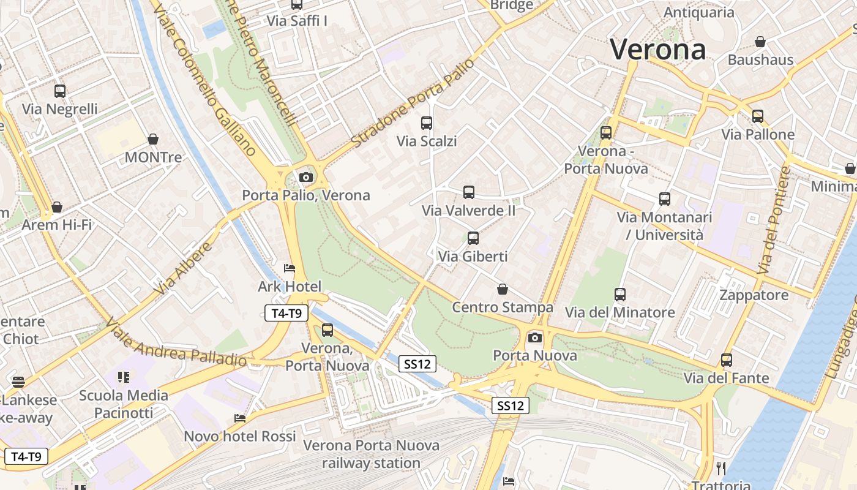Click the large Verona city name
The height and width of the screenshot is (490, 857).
tap(658, 49)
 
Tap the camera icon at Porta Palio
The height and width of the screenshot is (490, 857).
tap(305, 178)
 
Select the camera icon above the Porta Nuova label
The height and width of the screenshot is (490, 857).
tap(535, 337)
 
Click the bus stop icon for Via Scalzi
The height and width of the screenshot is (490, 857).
tap(427, 123)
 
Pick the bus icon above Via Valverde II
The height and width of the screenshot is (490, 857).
tap(469, 192)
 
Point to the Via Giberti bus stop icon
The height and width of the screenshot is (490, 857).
tap(473, 238)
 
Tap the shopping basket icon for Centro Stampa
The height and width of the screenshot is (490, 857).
tap(503, 289)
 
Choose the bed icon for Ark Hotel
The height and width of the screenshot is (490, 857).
tap(290, 268)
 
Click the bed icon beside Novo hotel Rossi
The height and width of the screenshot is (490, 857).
tap(240, 418)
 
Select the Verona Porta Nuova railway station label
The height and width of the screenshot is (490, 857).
tap(372, 454)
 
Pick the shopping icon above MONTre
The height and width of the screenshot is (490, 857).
tap(153, 140)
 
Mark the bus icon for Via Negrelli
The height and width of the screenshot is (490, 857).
tap(60, 91)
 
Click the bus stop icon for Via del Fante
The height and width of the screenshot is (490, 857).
tap(727, 360)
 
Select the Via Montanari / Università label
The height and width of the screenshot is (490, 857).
tap(664, 226)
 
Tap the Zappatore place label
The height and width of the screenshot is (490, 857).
tap(754, 295)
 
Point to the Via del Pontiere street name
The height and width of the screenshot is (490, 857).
tap(774, 221)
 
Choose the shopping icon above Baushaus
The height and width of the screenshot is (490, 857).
tap(760, 42)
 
